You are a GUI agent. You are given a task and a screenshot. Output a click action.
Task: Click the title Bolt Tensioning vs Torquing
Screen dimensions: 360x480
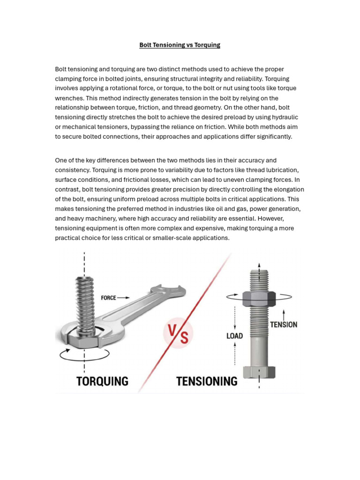click(180, 45)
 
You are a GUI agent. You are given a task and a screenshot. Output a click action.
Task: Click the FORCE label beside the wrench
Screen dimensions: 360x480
click(108, 298)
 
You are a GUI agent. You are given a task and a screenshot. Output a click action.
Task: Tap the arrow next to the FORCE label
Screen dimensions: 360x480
click(124, 298)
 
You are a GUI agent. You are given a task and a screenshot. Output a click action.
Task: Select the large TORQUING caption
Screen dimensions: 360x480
click(102, 381)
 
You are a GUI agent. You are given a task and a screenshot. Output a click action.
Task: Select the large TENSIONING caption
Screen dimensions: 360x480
click(207, 382)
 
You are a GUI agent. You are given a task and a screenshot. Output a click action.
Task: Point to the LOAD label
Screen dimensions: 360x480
click(234, 336)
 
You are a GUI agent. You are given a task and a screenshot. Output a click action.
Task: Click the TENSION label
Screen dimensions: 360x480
click(283, 324)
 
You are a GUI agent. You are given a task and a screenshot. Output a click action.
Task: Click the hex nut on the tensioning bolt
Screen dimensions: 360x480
click(259, 299)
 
